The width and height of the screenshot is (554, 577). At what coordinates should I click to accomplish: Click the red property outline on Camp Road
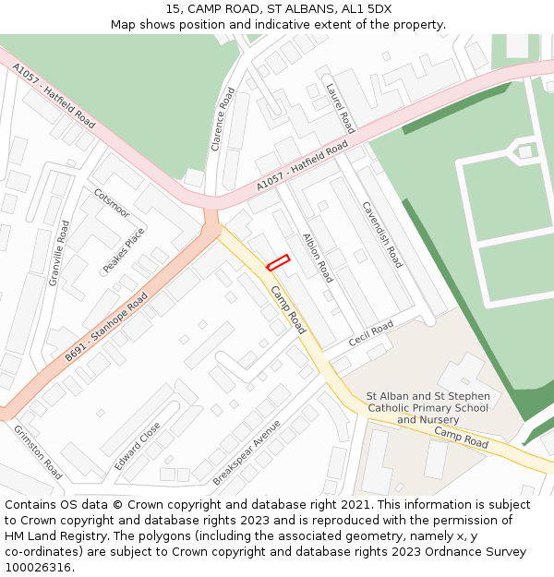278,262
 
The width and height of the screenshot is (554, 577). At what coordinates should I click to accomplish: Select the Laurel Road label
341,108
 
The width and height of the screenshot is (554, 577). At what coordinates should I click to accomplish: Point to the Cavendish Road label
382,234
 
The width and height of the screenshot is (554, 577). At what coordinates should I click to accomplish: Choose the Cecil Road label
371,333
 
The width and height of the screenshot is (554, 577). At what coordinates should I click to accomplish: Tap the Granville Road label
59,253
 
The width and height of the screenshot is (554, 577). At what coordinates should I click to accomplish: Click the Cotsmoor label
112,203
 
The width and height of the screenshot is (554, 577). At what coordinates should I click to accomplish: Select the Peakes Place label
124,250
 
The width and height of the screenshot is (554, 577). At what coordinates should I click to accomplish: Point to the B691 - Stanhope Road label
106,328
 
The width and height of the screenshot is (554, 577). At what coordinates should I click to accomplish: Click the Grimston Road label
38,451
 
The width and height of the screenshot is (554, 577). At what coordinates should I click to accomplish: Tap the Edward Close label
138,446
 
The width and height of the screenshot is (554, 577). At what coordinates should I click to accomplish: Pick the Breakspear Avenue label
246,452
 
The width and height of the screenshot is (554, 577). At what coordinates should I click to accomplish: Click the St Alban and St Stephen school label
428,407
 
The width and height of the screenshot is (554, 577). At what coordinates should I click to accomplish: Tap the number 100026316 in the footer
39,567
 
